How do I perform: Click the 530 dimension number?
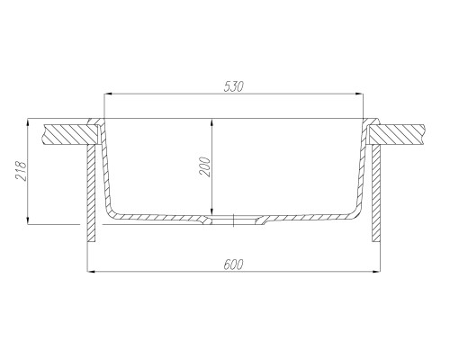coord(234,86)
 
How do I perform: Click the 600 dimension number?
coord(234,265)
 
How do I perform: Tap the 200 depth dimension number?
coord(206,166)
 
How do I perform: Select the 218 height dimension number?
coord(22,171)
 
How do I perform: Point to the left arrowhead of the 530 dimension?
coord(107,94)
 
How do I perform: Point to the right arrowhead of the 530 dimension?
coord(360,94)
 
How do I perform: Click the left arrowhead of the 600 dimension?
coord(91,272)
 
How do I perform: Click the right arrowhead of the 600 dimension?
coord(376,272)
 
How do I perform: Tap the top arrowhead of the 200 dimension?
coord(212,122)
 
